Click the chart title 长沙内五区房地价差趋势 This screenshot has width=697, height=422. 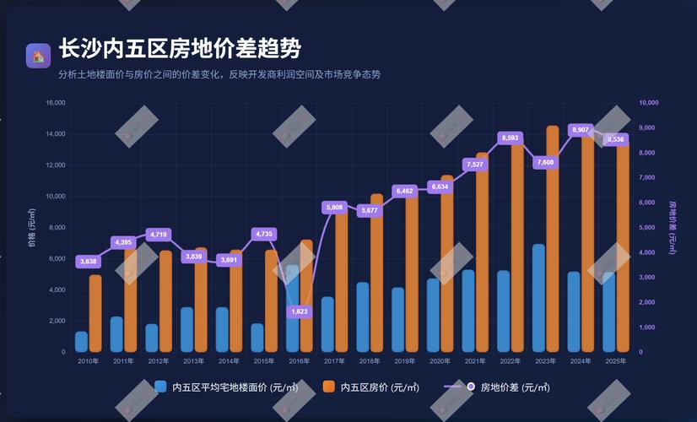tap(180, 49)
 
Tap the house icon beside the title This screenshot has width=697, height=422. tap(38, 56)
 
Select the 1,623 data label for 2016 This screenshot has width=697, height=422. tap(300, 311)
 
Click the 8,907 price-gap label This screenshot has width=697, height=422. tap(581, 130)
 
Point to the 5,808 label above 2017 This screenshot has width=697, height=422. tap(334, 207)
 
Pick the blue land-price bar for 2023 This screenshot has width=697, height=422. tap(538, 298)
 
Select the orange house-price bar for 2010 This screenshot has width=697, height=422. tap(95, 313)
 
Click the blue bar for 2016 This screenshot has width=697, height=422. tap(292, 308)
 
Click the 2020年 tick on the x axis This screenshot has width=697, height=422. tap(440, 361)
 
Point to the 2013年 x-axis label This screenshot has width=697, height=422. tap(194, 361)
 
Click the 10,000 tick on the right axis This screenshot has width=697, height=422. tap(649, 103)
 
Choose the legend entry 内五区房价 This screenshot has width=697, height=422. tap(380, 387)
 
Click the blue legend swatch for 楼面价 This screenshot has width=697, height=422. tap(161, 387)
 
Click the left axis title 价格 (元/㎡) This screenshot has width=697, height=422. tap(32, 228)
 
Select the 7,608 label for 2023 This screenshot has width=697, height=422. tap(545, 162)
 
